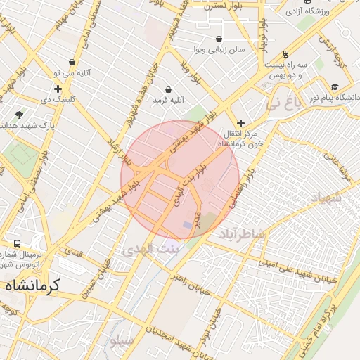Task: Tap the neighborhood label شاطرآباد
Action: pyautogui.click(x=242, y=233)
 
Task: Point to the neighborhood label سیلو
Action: pyautogui.click(x=120, y=342)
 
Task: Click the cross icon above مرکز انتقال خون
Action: pyautogui.click(x=240, y=123)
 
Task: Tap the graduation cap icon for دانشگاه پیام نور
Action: pyautogui.click(x=335, y=86)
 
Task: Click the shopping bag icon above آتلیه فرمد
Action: pyautogui.click(x=169, y=89)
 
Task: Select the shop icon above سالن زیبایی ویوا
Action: pyautogui.click(x=219, y=39)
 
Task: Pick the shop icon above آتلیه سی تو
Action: pyautogui.click(x=72, y=63)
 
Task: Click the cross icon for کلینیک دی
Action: pyautogui.click(x=58, y=89)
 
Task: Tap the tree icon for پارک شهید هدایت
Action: pyautogui.click(x=19, y=114)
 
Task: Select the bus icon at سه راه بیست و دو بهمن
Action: pyautogui.click(x=285, y=54)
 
